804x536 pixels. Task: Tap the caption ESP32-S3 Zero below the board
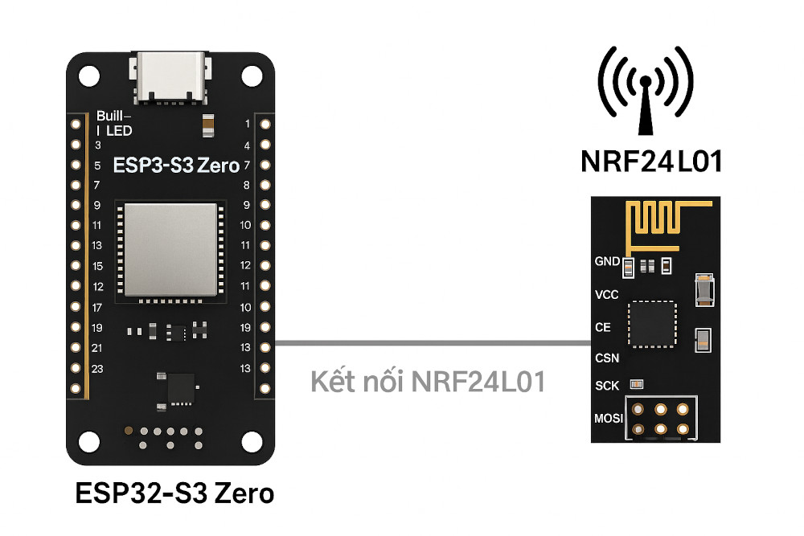click(174, 493)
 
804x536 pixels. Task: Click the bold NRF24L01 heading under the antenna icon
click(651, 161)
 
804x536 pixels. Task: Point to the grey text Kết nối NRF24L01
click(428, 382)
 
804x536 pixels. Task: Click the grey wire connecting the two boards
click(426, 344)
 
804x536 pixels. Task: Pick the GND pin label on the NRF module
click(607, 261)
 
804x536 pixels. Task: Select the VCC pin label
click(607, 295)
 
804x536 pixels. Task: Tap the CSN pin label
click(607, 358)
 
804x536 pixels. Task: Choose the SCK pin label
click(607, 386)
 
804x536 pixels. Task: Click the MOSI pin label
click(609, 419)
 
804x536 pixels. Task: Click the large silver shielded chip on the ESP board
click(169, 249)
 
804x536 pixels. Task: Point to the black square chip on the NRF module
click(652, 325)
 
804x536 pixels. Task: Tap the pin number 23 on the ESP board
click(96, 370)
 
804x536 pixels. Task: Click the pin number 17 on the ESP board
click(96, 308)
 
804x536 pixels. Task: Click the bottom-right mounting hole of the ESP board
click(252, 440)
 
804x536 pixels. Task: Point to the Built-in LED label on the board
click(113, 123)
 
